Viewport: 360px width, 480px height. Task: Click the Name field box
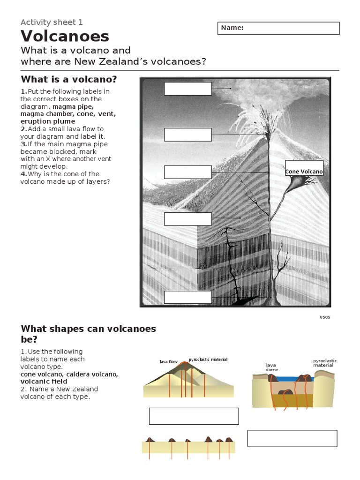tap(278, 28)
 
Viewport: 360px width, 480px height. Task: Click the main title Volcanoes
tap(65, 36)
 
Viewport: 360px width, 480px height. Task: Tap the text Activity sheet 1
tap(52, 22)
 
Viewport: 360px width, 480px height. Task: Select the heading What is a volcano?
tap(68, 79)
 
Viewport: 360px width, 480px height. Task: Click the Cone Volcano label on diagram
tap(304, 172)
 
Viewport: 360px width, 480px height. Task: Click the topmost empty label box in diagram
tap(187, 89)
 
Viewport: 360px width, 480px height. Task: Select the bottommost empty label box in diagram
tap(187, 297)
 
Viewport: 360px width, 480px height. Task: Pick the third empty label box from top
tap(187, 172)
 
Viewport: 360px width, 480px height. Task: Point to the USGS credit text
tap(325, 317)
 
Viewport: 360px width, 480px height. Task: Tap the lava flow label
tap(169, 362)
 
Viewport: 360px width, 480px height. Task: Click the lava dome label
tap(271, 367)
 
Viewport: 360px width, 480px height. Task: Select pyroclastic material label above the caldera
tap(325, 363)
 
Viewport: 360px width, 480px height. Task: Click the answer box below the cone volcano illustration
tap(194, 416)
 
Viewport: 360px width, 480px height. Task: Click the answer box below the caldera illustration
tap(292, 438)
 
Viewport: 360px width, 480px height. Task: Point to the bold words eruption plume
tap(47, 121)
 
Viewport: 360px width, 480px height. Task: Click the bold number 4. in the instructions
tap(23, 174)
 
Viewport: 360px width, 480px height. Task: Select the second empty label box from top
tap(187, 135)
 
